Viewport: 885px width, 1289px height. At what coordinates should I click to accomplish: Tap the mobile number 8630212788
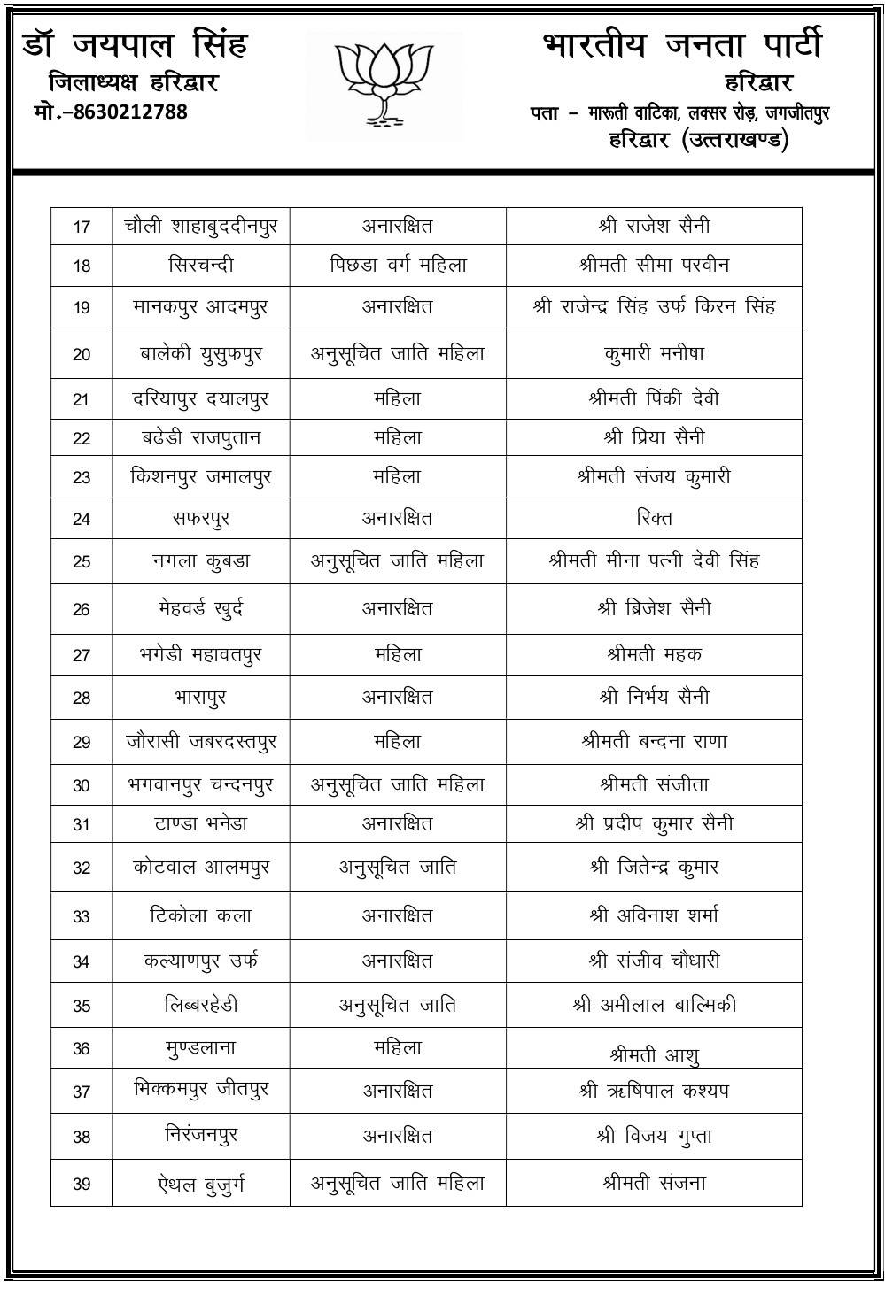110,112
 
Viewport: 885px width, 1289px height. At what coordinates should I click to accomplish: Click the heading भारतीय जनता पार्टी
682,45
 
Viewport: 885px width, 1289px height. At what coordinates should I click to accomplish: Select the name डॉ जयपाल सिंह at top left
135,44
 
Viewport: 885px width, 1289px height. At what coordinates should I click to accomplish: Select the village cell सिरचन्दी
201,265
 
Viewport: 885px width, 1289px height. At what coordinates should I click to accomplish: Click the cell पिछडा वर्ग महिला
398,265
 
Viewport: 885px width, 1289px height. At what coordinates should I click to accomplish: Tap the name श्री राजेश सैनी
654,226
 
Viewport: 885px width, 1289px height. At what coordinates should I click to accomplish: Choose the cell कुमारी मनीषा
654,353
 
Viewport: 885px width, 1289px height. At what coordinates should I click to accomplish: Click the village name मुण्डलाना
201,1048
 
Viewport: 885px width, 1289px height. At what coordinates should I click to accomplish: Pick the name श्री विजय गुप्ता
654,1136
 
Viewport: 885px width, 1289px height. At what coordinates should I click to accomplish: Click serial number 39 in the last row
82,1184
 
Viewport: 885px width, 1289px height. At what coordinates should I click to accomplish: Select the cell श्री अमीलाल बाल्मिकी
654,1006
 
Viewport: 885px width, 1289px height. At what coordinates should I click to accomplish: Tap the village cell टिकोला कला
201,915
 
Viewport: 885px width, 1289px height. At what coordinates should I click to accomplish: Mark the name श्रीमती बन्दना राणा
654,742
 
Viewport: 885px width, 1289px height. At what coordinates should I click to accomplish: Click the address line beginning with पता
679,112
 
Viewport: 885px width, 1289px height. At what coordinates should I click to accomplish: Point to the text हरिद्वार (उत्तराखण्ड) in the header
698,140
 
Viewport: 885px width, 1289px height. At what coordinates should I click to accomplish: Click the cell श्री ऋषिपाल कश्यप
654,1091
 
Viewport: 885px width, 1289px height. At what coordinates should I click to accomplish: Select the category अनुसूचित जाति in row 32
398,868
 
